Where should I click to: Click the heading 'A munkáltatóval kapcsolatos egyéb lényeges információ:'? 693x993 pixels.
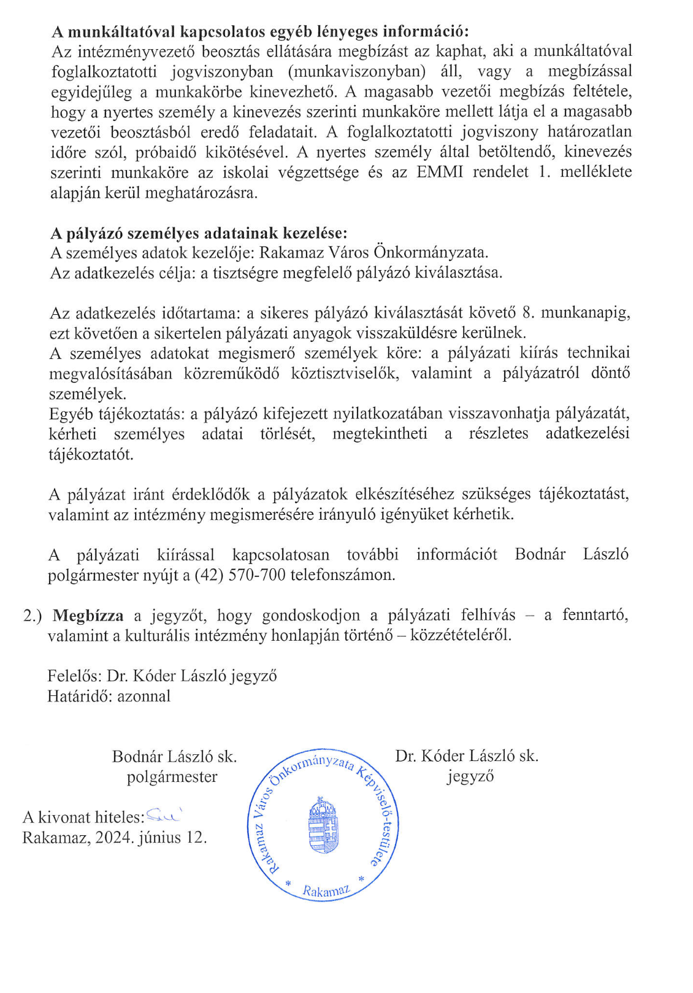pyautogui.click(x=260, y=31)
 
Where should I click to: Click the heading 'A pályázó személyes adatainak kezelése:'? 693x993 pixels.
pyautogui.click(x=199, y=233)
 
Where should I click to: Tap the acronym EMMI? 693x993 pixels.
pyautogui.click(x=439, y=172)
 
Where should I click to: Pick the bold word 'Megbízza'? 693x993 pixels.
pyautogui.click(x=88, y=616)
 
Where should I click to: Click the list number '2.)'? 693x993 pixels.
pyautogui.click(x=33, y=616)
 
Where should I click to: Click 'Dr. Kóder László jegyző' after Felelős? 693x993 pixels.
pyautogui.click(x=192, y=676)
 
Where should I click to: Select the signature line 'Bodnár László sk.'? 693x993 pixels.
pyautogui.click(x=174, y=757)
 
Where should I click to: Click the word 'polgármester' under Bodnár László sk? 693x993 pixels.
pyautogui.click(x=172, y=777)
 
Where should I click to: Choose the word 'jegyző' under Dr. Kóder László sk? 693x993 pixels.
pyautogui.click(x=470, y=776)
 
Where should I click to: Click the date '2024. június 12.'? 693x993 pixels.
pyautogui.click(x=151, y=838)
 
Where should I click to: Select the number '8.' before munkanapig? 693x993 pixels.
pyautogui.click(x=529, y=313)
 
